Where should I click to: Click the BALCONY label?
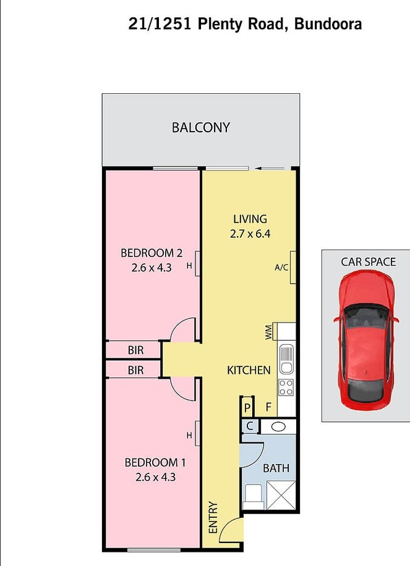coord(201,127)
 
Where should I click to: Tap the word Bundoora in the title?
coord(328,24)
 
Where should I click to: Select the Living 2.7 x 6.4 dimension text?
coord(250,234)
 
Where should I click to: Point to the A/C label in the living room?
coord(281,268)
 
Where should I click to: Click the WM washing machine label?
coord(269,332)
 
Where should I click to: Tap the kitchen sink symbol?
coord(286,359)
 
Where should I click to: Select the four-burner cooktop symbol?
coord(286,387)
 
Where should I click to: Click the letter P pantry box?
coord(247,408)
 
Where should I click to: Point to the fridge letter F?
coord(268,407)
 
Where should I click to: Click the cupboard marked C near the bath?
coord(250,426)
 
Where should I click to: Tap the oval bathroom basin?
coord(278,427)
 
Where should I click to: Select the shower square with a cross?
coord(281,496)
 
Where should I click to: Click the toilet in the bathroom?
coord(253,497)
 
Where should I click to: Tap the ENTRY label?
coord(213,517)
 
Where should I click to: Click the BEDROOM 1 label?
coord(155,462)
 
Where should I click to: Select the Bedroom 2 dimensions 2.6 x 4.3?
coord(152,268)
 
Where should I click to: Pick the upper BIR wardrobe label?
coord(135,350)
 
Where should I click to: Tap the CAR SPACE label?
coord(368,262)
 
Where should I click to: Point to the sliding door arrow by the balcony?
coord(270,168)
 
